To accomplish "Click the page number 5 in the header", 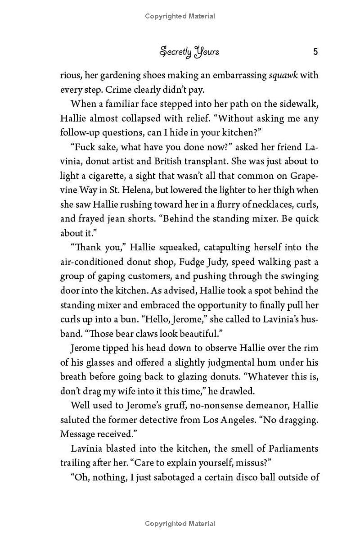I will pos(315,52).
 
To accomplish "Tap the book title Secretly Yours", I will pos(189,52).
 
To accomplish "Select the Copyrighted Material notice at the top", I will pos(180,16).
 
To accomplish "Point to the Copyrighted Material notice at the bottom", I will pos(180,523).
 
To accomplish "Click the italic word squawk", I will pos(283,75).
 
